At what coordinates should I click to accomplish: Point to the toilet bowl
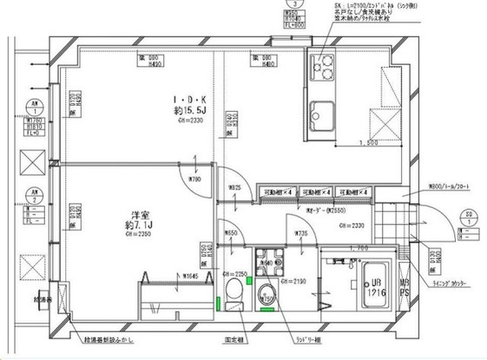click(234, 291)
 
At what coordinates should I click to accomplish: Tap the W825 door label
click(233, 187)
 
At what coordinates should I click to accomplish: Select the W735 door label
click(300, 232)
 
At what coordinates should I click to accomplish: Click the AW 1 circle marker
click(34, 110)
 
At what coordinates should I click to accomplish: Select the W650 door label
click(229, 233)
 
